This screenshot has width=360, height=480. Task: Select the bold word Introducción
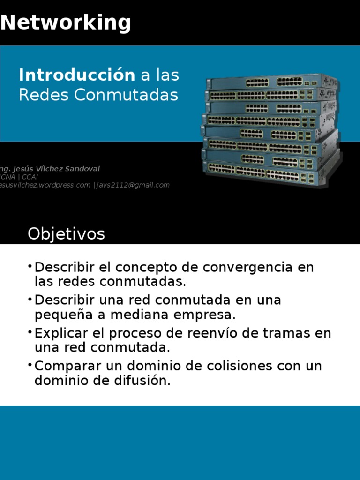76,75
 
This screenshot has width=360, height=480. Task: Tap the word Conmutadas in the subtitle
126,95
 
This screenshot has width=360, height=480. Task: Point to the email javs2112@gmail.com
133,185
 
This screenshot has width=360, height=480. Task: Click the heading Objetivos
66,233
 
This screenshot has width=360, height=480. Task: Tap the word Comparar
68,366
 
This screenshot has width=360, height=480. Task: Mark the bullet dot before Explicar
30,332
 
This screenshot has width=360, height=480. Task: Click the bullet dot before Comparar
30,364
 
